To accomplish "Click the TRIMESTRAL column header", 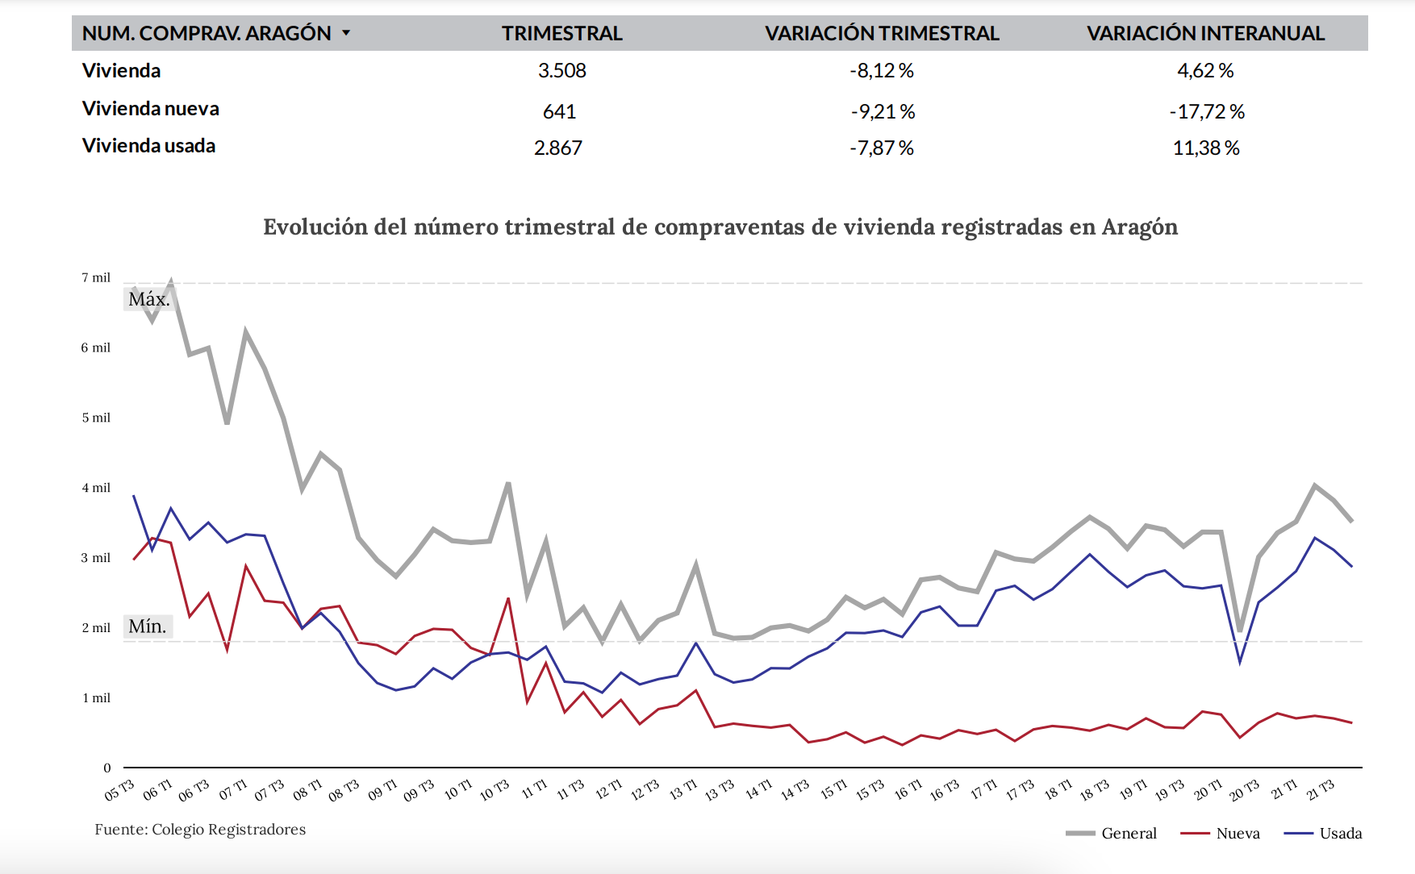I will (x=561, y=33).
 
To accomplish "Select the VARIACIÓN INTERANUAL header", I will (x=1205, y=33).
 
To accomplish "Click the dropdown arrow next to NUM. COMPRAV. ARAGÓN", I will (x=346, y=33).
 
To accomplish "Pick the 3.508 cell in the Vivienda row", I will (x=561, y=71).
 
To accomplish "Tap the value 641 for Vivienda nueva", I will (x=559, y=111).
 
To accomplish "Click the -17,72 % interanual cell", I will (x=1207, y=111).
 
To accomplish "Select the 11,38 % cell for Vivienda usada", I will (x=1206, y=148).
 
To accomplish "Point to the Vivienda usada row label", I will (x=148, y=146).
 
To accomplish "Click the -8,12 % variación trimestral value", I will (x=882, y=71).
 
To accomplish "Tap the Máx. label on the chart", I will (x=149, y=299).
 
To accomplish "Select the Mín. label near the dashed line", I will (x=148, y=626).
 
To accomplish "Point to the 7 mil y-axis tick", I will (x=95, y=277).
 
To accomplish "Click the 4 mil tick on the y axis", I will (x=95, y=488).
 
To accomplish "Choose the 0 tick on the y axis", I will (x=106, y=768).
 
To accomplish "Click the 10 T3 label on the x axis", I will (x=494, y=790).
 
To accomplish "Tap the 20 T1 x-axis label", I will (x=1208, y=790).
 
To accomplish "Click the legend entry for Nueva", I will (x=1237, y=833).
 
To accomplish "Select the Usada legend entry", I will (x=1340, y=833).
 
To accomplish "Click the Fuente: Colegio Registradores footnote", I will (x=200, y=830).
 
